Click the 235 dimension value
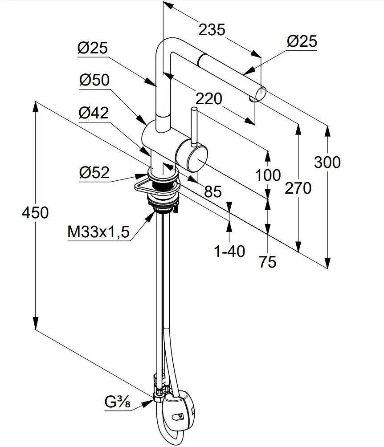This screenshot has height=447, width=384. (x=212, y=30)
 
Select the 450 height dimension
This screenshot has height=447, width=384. (x=35, y=212)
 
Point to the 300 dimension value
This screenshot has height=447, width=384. (x=327, y=162)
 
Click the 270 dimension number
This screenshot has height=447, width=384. (x=298, y=188)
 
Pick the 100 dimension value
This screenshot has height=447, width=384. (x=268, y=175)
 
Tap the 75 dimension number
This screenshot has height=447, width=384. (x=267, y=262)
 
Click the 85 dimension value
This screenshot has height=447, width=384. (x=212, y=191)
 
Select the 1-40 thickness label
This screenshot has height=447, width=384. (x=229, y=252)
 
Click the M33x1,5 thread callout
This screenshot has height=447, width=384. (x=98, y=232)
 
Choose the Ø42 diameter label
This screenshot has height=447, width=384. (x=94, y=113)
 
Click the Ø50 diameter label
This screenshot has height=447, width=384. (x=94, y=80)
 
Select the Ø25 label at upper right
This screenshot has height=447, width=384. (x=302, y=41)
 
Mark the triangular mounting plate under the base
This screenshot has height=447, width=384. (x=143, y=186)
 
